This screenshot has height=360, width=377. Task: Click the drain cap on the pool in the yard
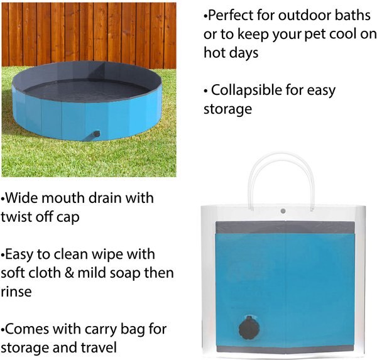pyautogui.click(x=96, y=133)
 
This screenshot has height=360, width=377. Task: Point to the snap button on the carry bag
pyautogui.click(x=283, y=211)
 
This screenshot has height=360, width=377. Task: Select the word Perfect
pyautogui.click(x=234, y=14)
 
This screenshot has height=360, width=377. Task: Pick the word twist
pyautogui.click(x=17, y=217)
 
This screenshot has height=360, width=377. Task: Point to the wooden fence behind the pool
pyautogui.click(x=88, y=31)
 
